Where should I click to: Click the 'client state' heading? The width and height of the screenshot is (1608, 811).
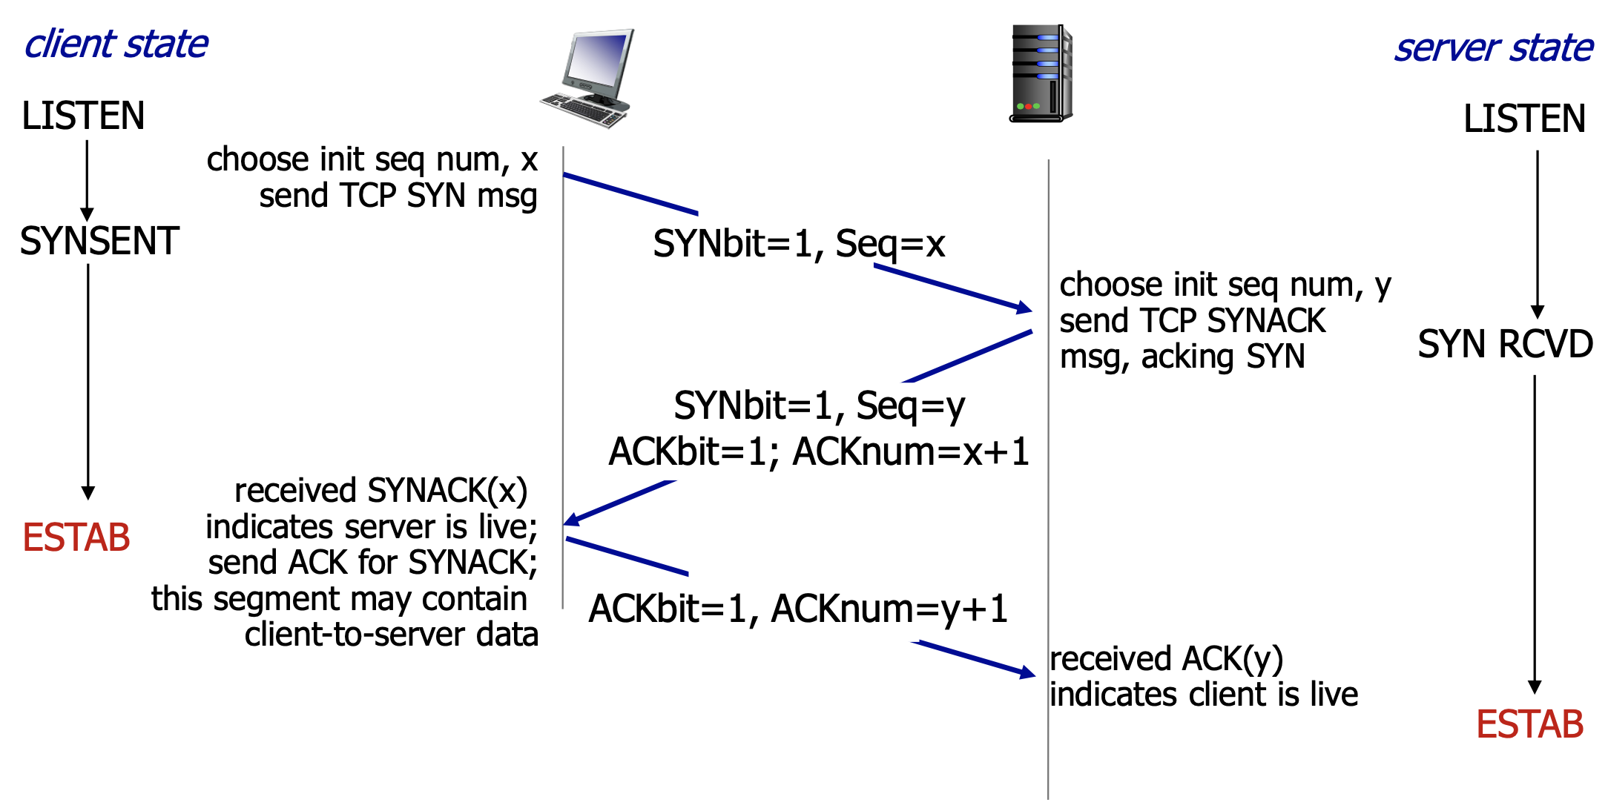(x=116, y=44)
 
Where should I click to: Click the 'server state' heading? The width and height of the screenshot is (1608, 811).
(x=1493, y=48)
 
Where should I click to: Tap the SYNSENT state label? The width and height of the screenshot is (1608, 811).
(x=99, y=241)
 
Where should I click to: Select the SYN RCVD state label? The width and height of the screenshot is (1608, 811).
(x=1505, y=344)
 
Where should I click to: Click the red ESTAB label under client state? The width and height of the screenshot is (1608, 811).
(x=76, y=537)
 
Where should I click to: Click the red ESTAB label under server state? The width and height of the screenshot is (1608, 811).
(x=1529, y=724)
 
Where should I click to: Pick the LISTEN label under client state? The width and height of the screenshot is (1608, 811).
(x=83, y=116)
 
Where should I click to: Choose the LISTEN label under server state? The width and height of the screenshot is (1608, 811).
(x=1524, y=119)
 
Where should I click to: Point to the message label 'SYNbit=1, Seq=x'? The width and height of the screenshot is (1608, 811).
(x=799, y=244)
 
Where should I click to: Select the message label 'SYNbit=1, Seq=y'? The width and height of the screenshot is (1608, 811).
(x=819, y=405)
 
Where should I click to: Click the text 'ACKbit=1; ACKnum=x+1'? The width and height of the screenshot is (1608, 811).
(x=819, y=451)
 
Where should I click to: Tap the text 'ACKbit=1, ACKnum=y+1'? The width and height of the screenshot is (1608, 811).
(x=798, y=609)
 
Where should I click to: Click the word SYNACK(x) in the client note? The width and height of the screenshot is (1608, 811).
(x=447, y=491)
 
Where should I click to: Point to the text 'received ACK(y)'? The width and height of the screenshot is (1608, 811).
(x=1166, y=658)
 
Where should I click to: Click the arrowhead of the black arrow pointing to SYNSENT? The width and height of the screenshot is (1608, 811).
(x=87, y=213)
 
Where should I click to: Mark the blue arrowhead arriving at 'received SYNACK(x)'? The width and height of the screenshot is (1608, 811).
(x=572, y=520)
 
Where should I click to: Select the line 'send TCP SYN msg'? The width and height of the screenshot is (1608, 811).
(x=398, y=196)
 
